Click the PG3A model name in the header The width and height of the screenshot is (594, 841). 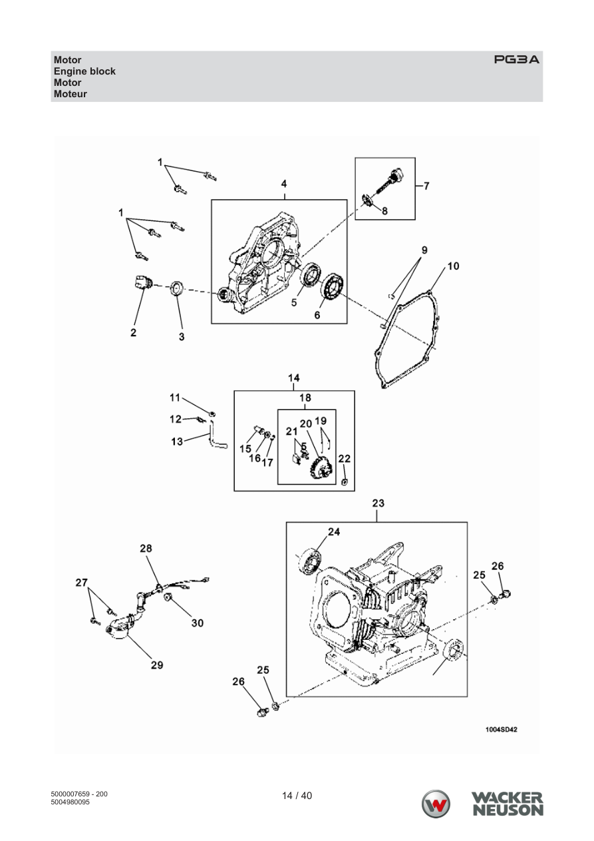[516, 59]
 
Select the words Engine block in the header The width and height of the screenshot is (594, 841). [84, 71]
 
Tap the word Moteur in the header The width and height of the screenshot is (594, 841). [70, 94]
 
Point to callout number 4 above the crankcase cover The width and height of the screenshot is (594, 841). [284, 184]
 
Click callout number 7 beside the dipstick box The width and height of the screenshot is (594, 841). [426, 186]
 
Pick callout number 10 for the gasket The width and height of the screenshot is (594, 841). [453, 266]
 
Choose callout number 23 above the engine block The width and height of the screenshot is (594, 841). [378, 503]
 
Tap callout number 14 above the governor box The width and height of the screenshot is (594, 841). [293, 378]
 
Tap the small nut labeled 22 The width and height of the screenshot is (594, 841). [344, 481]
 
